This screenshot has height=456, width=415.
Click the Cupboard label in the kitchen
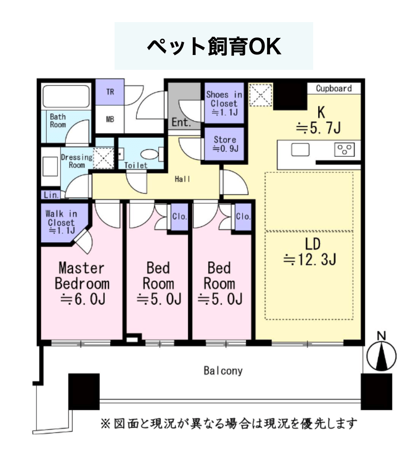coord(334,88)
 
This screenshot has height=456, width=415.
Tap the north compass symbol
coord(381,353)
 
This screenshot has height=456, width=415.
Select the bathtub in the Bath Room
coord(66,96)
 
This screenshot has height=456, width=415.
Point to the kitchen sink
coord(300,150)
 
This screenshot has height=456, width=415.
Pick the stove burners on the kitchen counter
coord(345,150)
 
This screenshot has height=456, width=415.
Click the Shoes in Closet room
coord(224,103)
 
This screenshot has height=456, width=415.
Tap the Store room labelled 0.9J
coord(224,144)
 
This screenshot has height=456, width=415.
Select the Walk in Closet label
coord(61,223)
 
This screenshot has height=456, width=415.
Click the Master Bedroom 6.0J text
coord(82,284)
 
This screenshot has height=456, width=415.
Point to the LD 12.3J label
coord(310,252)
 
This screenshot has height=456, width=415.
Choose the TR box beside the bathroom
coord(110,92)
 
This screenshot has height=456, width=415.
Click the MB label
coord(110,119)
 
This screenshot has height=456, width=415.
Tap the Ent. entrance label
coord(181,122)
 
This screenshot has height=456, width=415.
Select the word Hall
coord(182,179)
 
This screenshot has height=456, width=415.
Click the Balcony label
coord(223,371)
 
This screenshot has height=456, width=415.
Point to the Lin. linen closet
coord(51,195)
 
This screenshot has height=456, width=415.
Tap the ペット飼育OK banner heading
coord(214,46)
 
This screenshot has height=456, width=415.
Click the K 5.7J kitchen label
coord(319,120)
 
